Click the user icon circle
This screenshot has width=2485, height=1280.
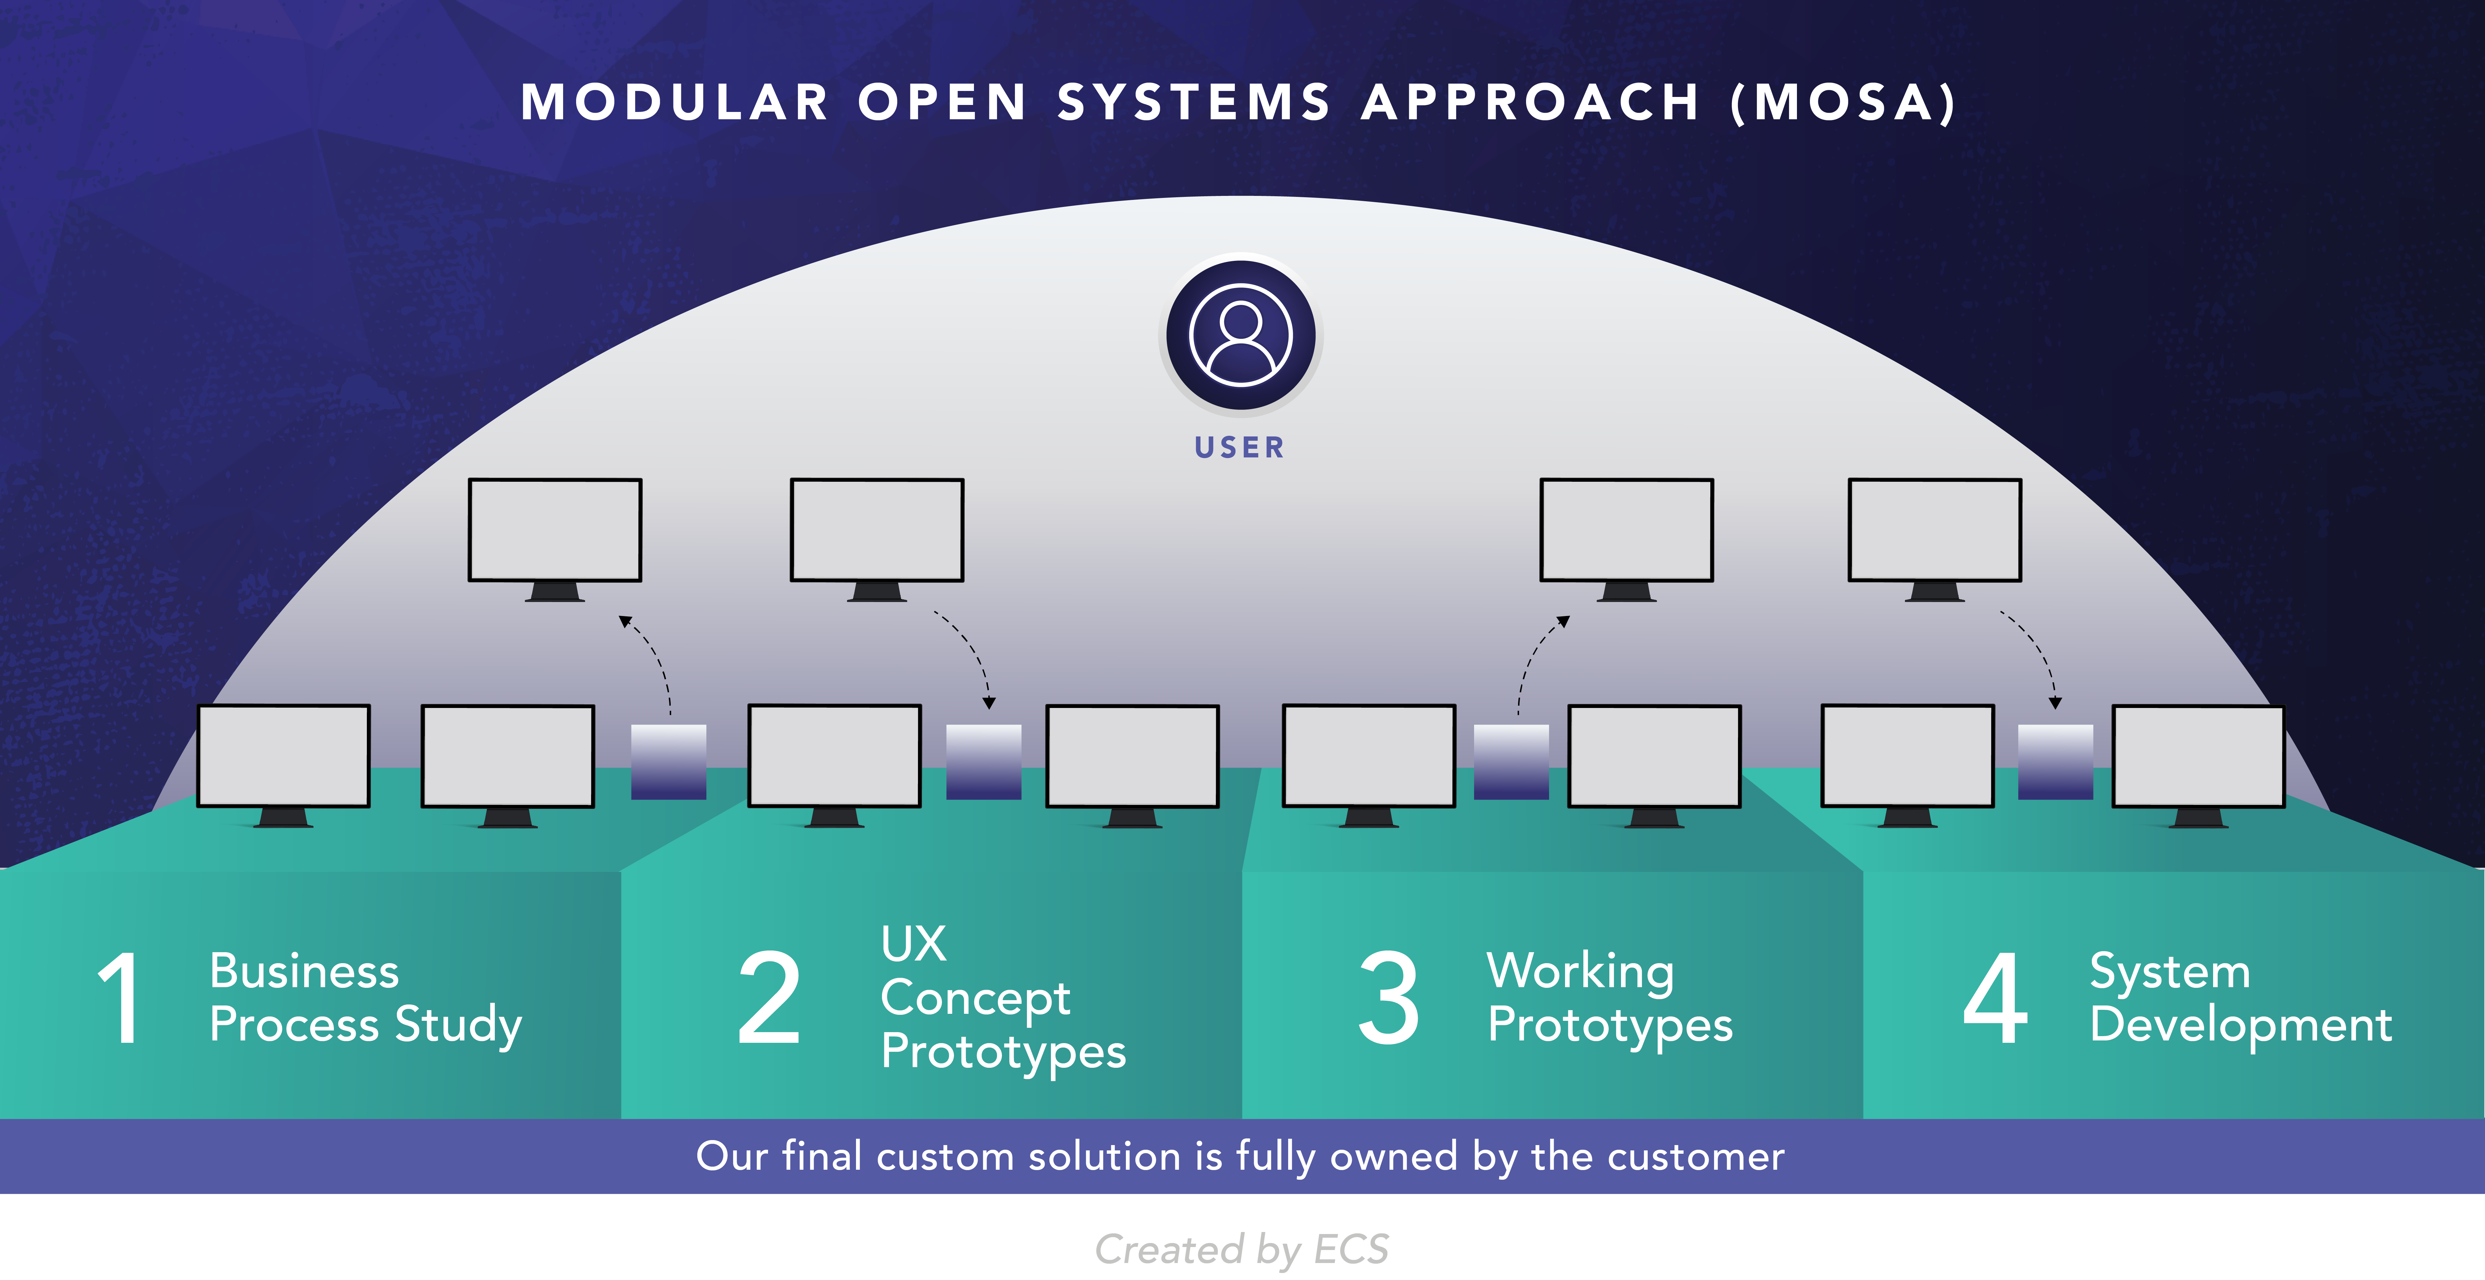pos(1241,335)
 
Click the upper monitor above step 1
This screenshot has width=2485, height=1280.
pos(555,530)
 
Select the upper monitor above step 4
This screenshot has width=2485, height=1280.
pos(1934,530)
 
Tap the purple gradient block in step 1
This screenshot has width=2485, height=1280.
pos(668,762)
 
